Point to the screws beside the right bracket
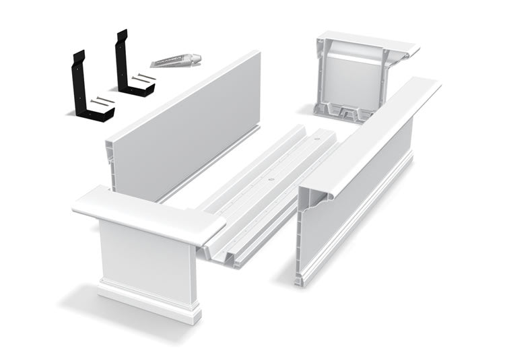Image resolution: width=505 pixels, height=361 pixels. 143,79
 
